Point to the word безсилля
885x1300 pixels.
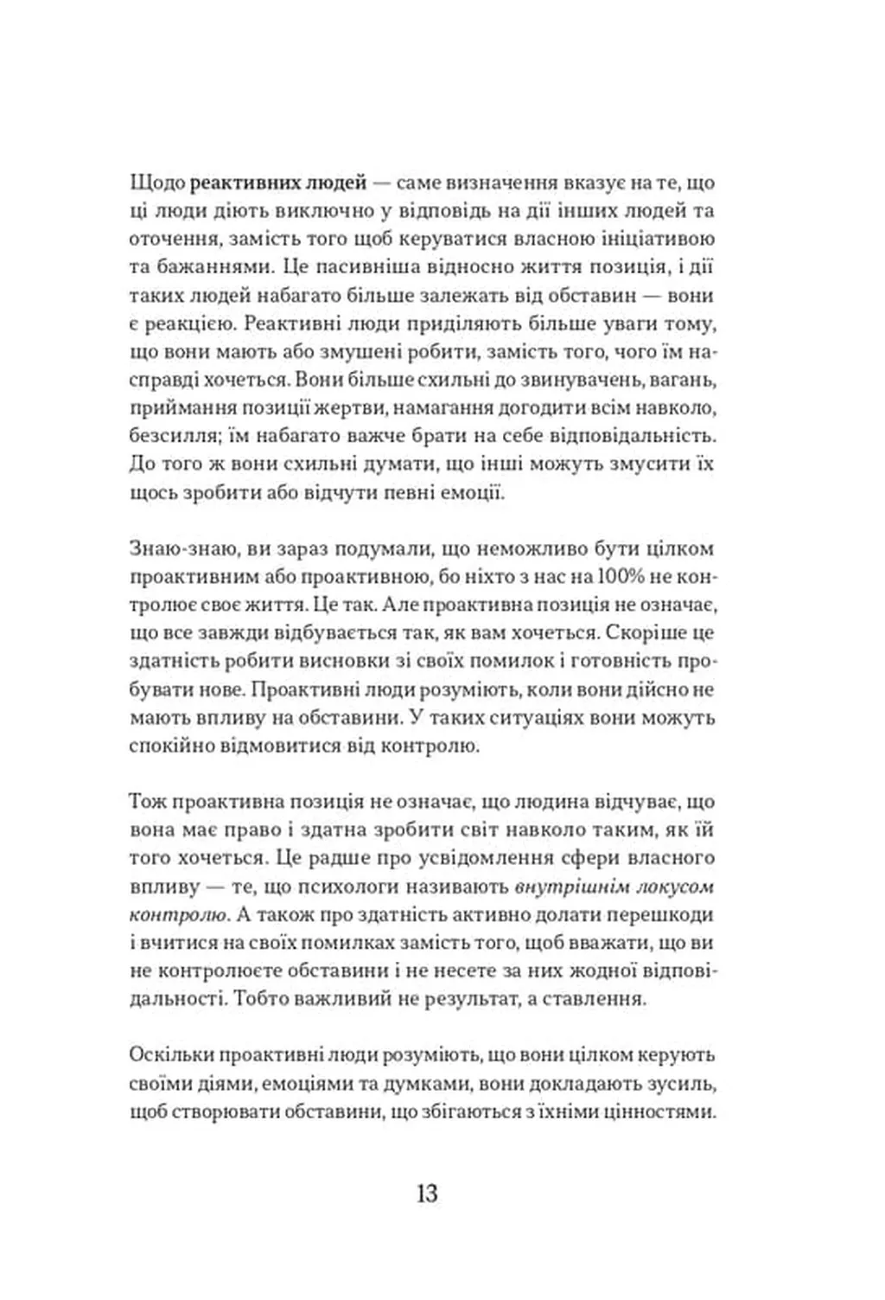166,436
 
